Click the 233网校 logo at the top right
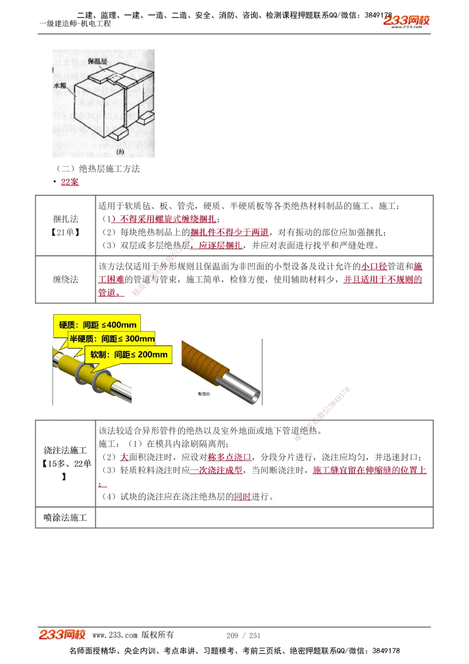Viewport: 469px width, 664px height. click(x=406, y=21)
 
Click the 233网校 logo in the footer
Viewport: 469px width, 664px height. click(x=62, y=634)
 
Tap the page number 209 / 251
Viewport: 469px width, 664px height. click(x=243, y=635)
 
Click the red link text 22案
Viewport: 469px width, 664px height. click(x=70, y=182)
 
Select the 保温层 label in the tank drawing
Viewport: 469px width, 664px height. click(x=97, y=61)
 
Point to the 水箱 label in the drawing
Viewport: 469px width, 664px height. click(x=60, y=85)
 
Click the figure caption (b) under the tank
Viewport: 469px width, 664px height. click(x=120, y=152)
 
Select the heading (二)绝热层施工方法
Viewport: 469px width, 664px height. click(x=98, y=168)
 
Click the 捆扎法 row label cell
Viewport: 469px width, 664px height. click(x=66, y=225)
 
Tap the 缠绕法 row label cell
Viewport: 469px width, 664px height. click(x=66, y=279)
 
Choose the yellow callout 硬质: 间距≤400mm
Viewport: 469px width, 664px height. click(x=98, y=324)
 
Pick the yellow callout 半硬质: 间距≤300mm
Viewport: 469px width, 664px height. click(x=112, y=338)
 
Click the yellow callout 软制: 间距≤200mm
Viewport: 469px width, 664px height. click(x=129, y=354)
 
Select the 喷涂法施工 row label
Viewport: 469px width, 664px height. click(x=65, y=518)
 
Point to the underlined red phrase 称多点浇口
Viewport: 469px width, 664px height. click(x=229, y=457)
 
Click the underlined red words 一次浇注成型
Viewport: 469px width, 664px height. click(x=216, y=470)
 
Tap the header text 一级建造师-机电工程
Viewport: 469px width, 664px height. click(x=75, y=23)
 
